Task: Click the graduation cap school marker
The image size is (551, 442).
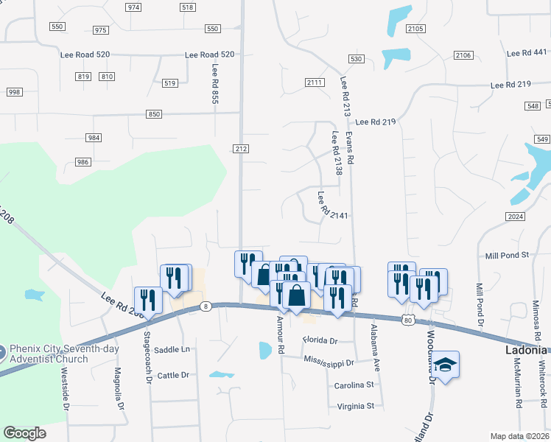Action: (445, 365)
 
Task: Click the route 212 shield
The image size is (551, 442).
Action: (242, 148)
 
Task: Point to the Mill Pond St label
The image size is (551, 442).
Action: (508, 255)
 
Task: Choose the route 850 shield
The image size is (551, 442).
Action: (153, 114)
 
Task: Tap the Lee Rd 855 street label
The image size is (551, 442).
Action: (215, 83)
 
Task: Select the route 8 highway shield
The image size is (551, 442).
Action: (206, 306)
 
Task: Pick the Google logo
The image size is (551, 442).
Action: (25, 432)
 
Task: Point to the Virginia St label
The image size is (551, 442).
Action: (356, 405)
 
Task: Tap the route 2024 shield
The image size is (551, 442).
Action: (515, 216)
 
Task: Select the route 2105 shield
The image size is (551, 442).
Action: (415, 29)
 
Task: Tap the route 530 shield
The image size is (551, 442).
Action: (357, 58)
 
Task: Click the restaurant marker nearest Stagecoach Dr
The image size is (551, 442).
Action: (147, 300)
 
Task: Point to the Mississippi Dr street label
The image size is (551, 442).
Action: (329, 362)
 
